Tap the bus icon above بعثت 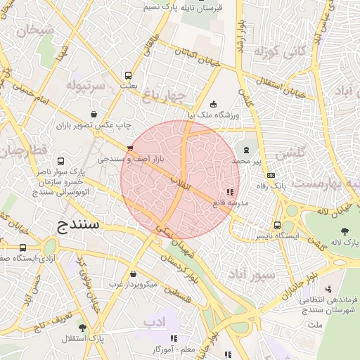coord(128,75)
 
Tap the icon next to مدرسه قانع coord(229,191)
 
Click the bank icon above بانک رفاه coord(272,176)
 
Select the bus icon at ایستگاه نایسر coord(277,226)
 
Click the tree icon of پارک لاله coord(344,231)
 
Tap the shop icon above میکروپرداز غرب coord(134,274)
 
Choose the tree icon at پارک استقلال coord(82,328)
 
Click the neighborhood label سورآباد coord(250,274)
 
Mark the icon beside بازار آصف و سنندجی coord(129,148)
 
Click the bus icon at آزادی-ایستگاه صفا coord(23,247)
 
